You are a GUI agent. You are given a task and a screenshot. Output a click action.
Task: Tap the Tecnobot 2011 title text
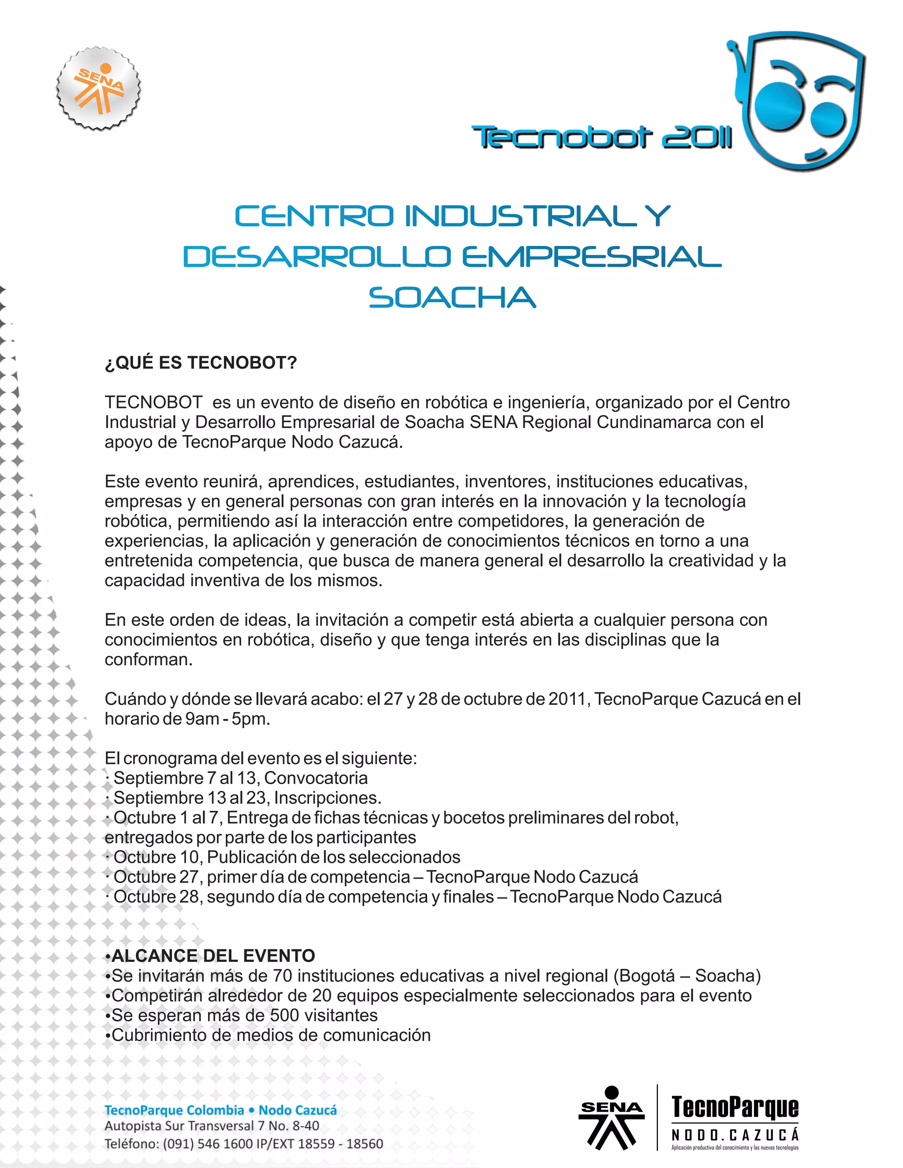point(601,138)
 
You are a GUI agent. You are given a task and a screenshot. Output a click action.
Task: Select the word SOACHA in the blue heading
point(452,298)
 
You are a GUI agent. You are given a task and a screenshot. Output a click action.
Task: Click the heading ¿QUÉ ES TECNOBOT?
point(201,363)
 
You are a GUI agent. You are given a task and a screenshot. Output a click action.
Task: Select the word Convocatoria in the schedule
point(316,778)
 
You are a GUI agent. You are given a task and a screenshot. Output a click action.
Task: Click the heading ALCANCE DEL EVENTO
point(213,956)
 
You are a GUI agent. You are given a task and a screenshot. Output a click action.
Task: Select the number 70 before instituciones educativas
point(283,976)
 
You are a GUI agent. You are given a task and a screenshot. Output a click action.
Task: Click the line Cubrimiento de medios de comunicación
point(270,1035)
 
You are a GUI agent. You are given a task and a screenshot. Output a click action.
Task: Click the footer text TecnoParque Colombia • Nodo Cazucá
point(220,1110)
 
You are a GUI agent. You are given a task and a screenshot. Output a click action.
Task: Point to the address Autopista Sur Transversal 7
point(212,1126)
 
